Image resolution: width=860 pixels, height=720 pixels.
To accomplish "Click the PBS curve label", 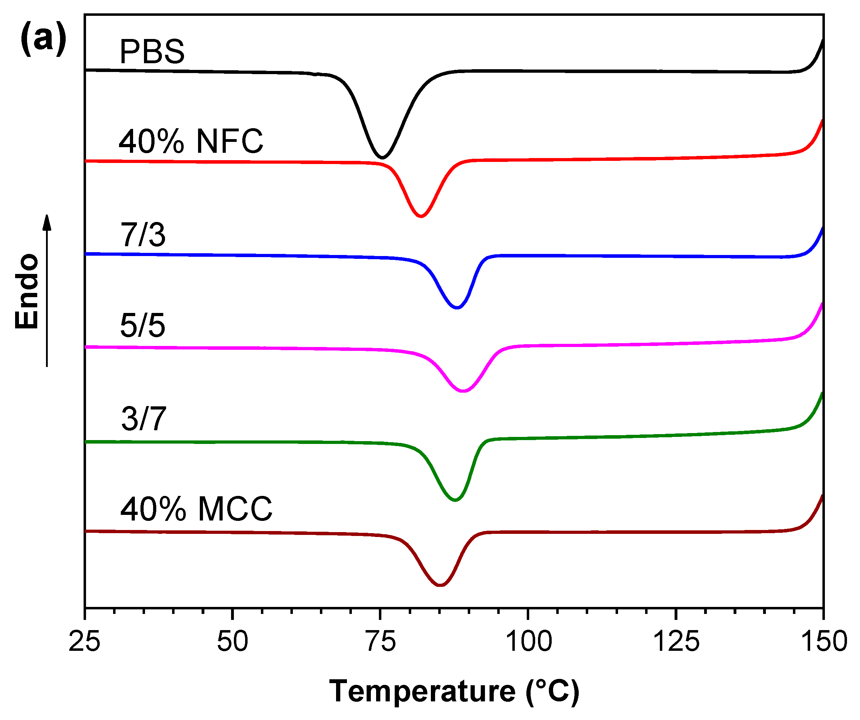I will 152,52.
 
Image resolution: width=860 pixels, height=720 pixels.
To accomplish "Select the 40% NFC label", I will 191,141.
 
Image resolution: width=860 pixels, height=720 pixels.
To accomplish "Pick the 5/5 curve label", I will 143,326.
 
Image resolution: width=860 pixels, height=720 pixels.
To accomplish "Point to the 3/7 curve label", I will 143,419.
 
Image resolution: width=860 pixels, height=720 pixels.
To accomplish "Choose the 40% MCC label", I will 196,509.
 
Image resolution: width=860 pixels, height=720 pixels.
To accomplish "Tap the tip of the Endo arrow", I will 47,216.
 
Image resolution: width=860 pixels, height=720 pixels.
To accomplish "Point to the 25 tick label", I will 84,641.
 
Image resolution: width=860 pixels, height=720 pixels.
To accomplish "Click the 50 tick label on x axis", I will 232,641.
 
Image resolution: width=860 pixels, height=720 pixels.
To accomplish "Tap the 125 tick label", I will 676,641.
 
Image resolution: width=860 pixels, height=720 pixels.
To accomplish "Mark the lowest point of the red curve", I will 421,216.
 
